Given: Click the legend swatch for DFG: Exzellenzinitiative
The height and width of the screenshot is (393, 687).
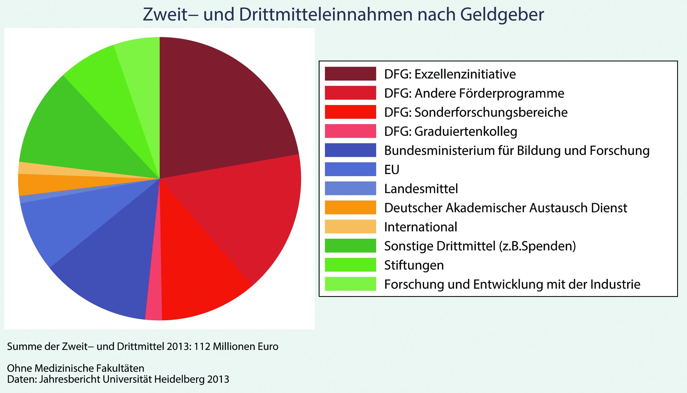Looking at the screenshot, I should pos(350,74).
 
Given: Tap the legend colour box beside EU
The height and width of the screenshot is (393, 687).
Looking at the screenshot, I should pos(350,169).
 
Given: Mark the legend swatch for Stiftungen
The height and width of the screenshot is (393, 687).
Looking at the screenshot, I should pos(350,265).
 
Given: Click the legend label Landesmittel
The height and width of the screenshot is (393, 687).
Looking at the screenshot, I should pos(421,189).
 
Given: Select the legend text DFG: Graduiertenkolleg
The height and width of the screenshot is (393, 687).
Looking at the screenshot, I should pos(451,131).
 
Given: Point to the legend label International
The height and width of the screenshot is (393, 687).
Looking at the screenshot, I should pos(421,227).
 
